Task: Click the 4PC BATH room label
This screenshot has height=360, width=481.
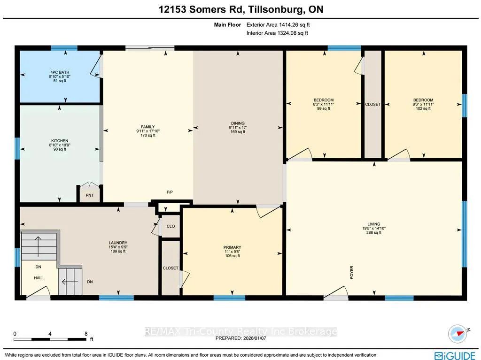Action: coord(60,72)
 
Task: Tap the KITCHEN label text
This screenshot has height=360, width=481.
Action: coord(60,141)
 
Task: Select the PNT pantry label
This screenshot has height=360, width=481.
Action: coord(90,195)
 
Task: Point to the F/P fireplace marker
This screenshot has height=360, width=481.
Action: coord(170,192)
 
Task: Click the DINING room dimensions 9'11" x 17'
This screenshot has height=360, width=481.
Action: coord(238,128)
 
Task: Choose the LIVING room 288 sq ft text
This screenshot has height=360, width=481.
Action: coord(373,232)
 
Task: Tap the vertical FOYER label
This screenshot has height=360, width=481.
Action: coord(351,272)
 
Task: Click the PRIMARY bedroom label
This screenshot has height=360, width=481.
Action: coord(232,247)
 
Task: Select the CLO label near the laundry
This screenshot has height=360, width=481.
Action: coord(171,226)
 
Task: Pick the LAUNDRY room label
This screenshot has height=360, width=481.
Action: coord(118,243)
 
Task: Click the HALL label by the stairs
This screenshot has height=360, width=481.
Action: coord(39,278)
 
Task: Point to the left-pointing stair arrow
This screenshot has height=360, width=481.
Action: coord(70,282)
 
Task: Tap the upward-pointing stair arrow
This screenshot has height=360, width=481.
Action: coord(38,246)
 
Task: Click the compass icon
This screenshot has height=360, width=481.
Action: coord(458,334)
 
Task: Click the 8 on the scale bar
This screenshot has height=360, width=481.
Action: coord(86,334)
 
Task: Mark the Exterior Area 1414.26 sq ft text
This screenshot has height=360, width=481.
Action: coord(278,25)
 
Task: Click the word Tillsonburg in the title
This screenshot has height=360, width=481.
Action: coord(274,9)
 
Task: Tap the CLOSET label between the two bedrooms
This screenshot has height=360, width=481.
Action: coord(372,104)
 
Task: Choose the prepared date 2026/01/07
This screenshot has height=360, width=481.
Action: coord(255,338)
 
